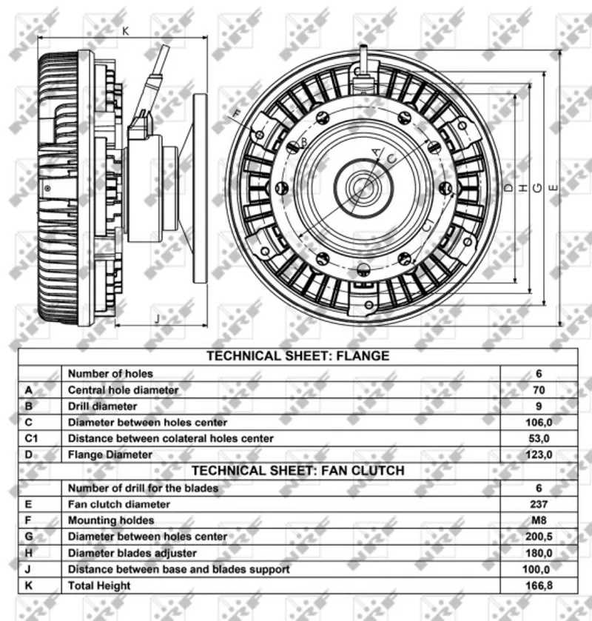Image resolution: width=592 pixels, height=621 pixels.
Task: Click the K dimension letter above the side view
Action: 126,31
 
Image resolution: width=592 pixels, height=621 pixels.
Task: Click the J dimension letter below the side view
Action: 158,318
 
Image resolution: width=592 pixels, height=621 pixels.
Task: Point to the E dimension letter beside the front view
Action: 554,188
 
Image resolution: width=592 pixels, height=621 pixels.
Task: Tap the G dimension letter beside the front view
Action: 537,188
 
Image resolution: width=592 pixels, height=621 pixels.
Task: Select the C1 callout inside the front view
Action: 428,226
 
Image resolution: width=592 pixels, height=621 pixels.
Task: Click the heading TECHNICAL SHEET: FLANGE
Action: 297,355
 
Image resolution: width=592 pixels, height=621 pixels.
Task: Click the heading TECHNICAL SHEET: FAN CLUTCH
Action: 297,471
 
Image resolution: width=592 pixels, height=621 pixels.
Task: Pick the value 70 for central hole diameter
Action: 539,390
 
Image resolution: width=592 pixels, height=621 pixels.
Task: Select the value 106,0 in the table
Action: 539,422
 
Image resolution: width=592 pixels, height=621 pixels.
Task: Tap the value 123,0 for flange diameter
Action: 539,454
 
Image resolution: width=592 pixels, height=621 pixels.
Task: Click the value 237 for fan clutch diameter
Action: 539,504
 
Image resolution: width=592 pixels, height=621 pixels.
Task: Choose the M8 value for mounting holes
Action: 539,520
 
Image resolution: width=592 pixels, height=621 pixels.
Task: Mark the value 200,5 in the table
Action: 539,537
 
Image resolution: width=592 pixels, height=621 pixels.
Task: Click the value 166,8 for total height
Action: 539,585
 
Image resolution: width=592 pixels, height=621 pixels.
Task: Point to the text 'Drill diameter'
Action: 103,406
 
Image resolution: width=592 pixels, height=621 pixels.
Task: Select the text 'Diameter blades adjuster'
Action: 132,553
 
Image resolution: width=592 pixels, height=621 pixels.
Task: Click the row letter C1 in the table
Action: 31,438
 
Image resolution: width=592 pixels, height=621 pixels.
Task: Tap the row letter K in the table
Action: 28,585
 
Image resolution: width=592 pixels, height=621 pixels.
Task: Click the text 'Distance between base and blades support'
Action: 178,569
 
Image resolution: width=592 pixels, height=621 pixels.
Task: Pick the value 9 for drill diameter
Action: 539,406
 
